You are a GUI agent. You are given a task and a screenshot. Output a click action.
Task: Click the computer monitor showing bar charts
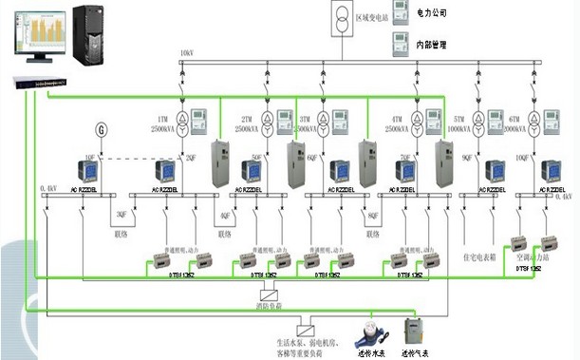point(36,32)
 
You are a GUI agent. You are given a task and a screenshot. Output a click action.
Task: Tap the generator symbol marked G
point(102,130)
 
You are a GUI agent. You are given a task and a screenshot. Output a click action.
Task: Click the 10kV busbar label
point(187,53)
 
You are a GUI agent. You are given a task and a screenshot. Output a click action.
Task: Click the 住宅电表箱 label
point(480,256)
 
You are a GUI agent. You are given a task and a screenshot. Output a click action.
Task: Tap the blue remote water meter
point(364,332)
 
